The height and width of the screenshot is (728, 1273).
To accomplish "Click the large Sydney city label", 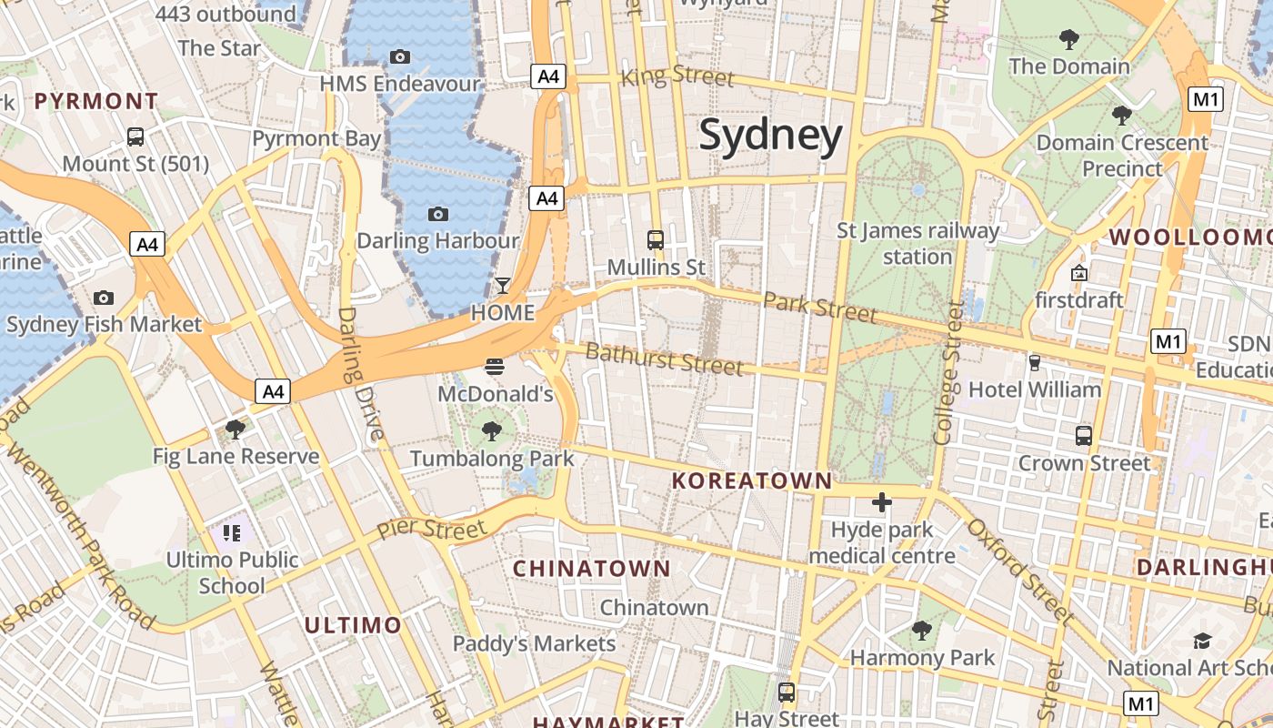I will click(770, 136).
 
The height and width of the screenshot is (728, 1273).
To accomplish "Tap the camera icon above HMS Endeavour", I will click(399, 56).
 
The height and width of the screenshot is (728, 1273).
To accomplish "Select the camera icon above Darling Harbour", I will click(438, 214).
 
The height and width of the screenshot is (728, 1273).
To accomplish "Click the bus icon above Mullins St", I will click(656, 240).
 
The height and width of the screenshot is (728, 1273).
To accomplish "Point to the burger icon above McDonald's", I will click(495, 367).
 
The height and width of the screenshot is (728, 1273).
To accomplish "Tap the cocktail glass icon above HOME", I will click(502, 286).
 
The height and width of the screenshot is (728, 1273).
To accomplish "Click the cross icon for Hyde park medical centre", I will click(881, 501).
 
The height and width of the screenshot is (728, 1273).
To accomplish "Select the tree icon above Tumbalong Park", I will click(492, 430).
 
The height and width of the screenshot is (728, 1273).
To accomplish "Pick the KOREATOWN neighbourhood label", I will click(752, 480).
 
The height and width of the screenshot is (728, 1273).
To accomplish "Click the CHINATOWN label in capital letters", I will click(592, 569).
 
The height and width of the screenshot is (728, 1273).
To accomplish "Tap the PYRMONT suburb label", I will click(96, 101).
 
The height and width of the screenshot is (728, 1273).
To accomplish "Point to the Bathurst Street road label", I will click(664, 359).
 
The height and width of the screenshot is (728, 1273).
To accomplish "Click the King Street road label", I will click(677, 76).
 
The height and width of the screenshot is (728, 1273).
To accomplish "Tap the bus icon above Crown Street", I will click(1083, 435).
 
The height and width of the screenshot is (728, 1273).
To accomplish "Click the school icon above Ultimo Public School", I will click(232, 532).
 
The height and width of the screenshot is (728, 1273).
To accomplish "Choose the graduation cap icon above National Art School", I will click(1202, 641).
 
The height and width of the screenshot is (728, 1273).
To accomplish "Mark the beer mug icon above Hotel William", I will click(1034, 362).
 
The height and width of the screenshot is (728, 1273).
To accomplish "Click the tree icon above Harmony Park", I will click(922, 630).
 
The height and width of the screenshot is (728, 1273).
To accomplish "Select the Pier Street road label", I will click(432, 528).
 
